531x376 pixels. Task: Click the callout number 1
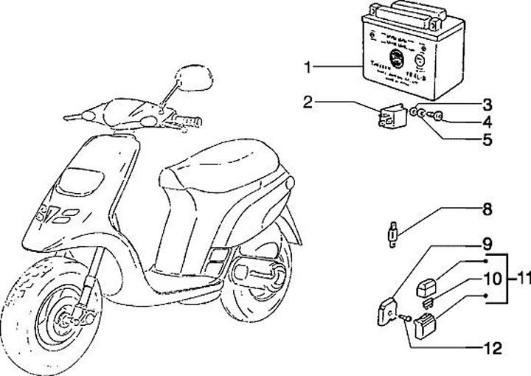point(309,67)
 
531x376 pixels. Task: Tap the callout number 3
point(487,103)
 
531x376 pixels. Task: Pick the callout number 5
point(487,138)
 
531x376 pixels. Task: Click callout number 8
point(487,209)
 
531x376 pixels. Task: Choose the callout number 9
point(487,243)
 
